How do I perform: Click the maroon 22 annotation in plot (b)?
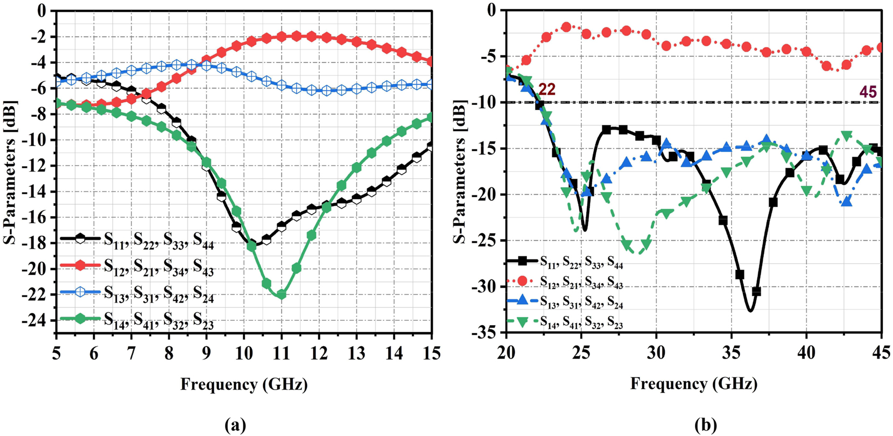click(546, 90)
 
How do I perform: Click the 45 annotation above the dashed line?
click(868, 92)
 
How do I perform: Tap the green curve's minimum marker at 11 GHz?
click(281, 294)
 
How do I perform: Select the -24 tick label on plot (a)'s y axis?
click(39, 321)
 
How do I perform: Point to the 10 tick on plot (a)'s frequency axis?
click(243, 353)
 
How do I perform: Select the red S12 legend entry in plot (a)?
click(159, 266)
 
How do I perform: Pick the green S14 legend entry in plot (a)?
click(159, 322)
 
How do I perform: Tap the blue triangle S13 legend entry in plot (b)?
click(581, 303)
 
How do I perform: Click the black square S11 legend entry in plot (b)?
click(581, 262)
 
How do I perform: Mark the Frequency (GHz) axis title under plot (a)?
click(244, 384)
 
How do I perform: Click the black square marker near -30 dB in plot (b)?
click(756, 291)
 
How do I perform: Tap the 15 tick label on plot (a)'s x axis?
click(431, 353)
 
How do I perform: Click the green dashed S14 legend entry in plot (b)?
click(581, 322)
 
